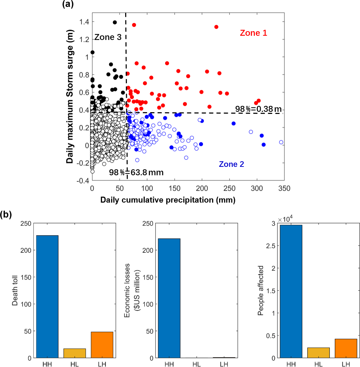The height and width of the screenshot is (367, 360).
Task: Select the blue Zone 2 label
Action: (x=231, y=164)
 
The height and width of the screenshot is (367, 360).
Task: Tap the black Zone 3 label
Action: (x=108, y=38)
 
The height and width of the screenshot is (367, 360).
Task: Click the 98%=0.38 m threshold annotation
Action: (x=258, y=109)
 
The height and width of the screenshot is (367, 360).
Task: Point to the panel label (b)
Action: (x=7, y=214)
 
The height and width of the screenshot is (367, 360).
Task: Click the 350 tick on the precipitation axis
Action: (x=284, y=189)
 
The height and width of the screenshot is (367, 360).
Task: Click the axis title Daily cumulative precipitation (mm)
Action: (x=168, y=200)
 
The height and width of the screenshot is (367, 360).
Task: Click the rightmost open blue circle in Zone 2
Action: (x=281, y=142)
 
